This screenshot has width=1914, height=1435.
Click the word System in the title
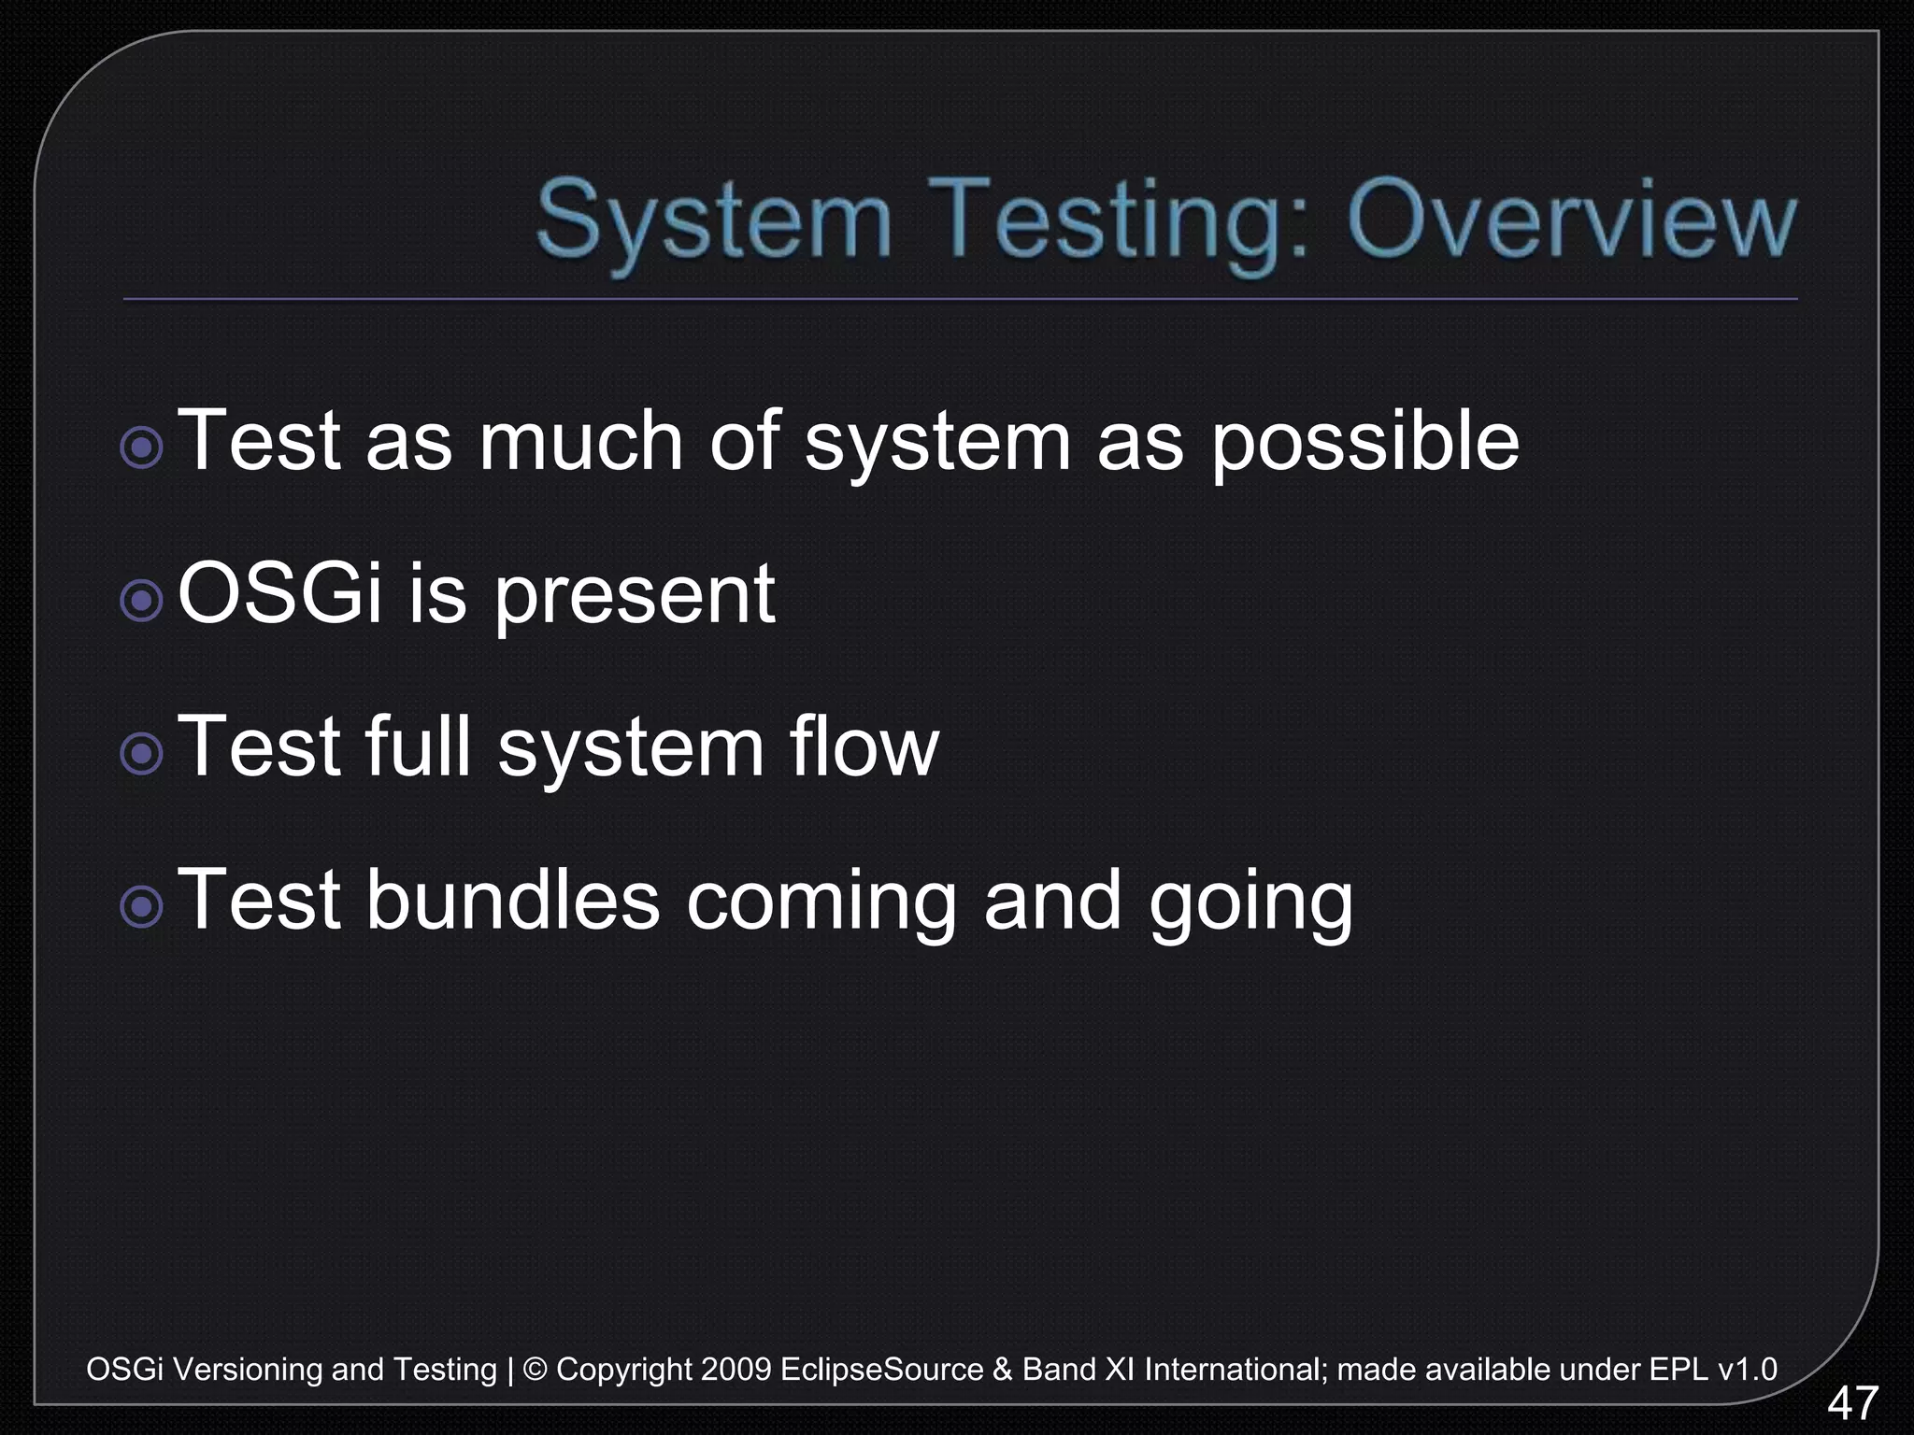(714, 222)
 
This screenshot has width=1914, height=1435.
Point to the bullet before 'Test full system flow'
(142, 753)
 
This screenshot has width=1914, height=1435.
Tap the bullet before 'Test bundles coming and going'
(142, 905)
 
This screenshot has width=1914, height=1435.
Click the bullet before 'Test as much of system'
(142, 448)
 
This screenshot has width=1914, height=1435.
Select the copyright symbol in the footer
(535, 1370)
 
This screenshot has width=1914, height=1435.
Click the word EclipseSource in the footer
(881, 1370)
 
